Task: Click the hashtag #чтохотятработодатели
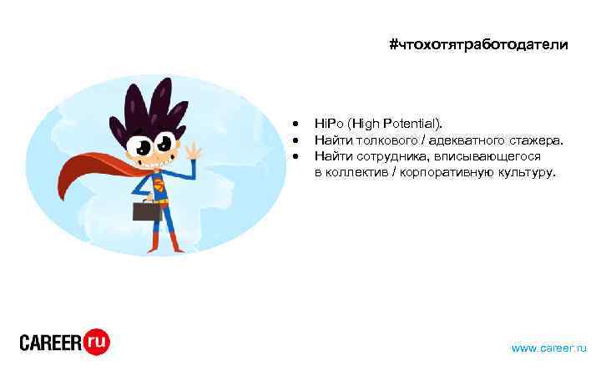(x=478, y=45)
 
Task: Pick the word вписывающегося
(x=481, y=156)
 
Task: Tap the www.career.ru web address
(x=548, y=348)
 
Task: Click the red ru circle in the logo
(x=97, y=341)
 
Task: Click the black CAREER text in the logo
(x=50, y=342)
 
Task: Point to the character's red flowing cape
(x=88, y=171)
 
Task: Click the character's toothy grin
(x=158, y=163)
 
